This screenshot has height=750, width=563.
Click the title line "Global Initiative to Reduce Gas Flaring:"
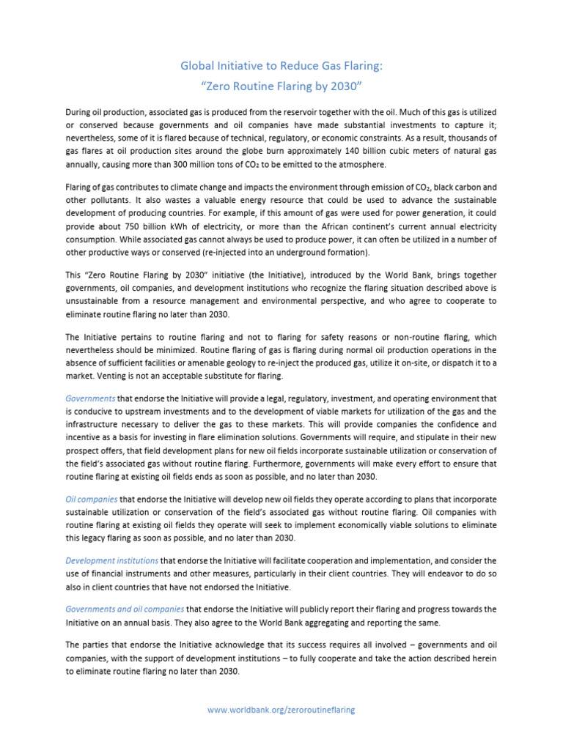point(281,67)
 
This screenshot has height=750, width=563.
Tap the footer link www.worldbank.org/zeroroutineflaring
point(281,710)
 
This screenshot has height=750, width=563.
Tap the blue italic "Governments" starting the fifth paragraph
point(90,399)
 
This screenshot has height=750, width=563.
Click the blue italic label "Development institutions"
point(111,560)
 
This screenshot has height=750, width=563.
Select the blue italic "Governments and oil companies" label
point(125,609)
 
